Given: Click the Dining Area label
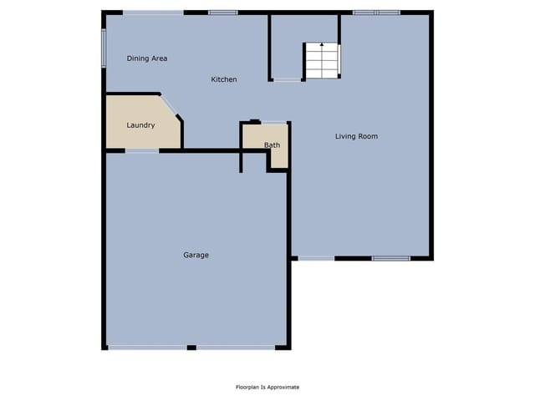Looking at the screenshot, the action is [x=147, y=58].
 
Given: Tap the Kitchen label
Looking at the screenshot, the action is [x=224, y=79].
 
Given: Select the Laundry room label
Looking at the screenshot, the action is [x=140, y=125].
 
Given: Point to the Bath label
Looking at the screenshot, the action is [x=272, y=145].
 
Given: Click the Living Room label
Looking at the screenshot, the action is [x=356, y=136].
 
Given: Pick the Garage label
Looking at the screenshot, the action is [x=196, y=255].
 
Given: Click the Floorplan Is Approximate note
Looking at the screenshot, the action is [x=267, y=387].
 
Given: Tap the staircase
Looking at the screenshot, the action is [x=322, y=60].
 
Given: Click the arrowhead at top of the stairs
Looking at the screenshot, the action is [x=322, y=44].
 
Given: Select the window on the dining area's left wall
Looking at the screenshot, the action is [x=104, y=48].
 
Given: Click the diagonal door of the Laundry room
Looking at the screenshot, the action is [x=169, y=105].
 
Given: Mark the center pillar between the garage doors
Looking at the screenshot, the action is [x=191, y=348].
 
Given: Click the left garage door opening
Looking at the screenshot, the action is [x=147, y=348].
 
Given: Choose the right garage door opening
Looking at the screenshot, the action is [x=236, y=348].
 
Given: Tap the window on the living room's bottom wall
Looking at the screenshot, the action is [x=391, y=258].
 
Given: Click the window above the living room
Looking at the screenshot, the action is [x=377, y=13].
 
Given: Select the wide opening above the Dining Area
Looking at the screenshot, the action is [x=153, y=13].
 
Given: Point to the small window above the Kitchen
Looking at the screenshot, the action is [x=223, y=13].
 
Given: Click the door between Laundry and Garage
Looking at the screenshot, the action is [x=142, y=150].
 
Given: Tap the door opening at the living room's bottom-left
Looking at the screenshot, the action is [x=316, y=258].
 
